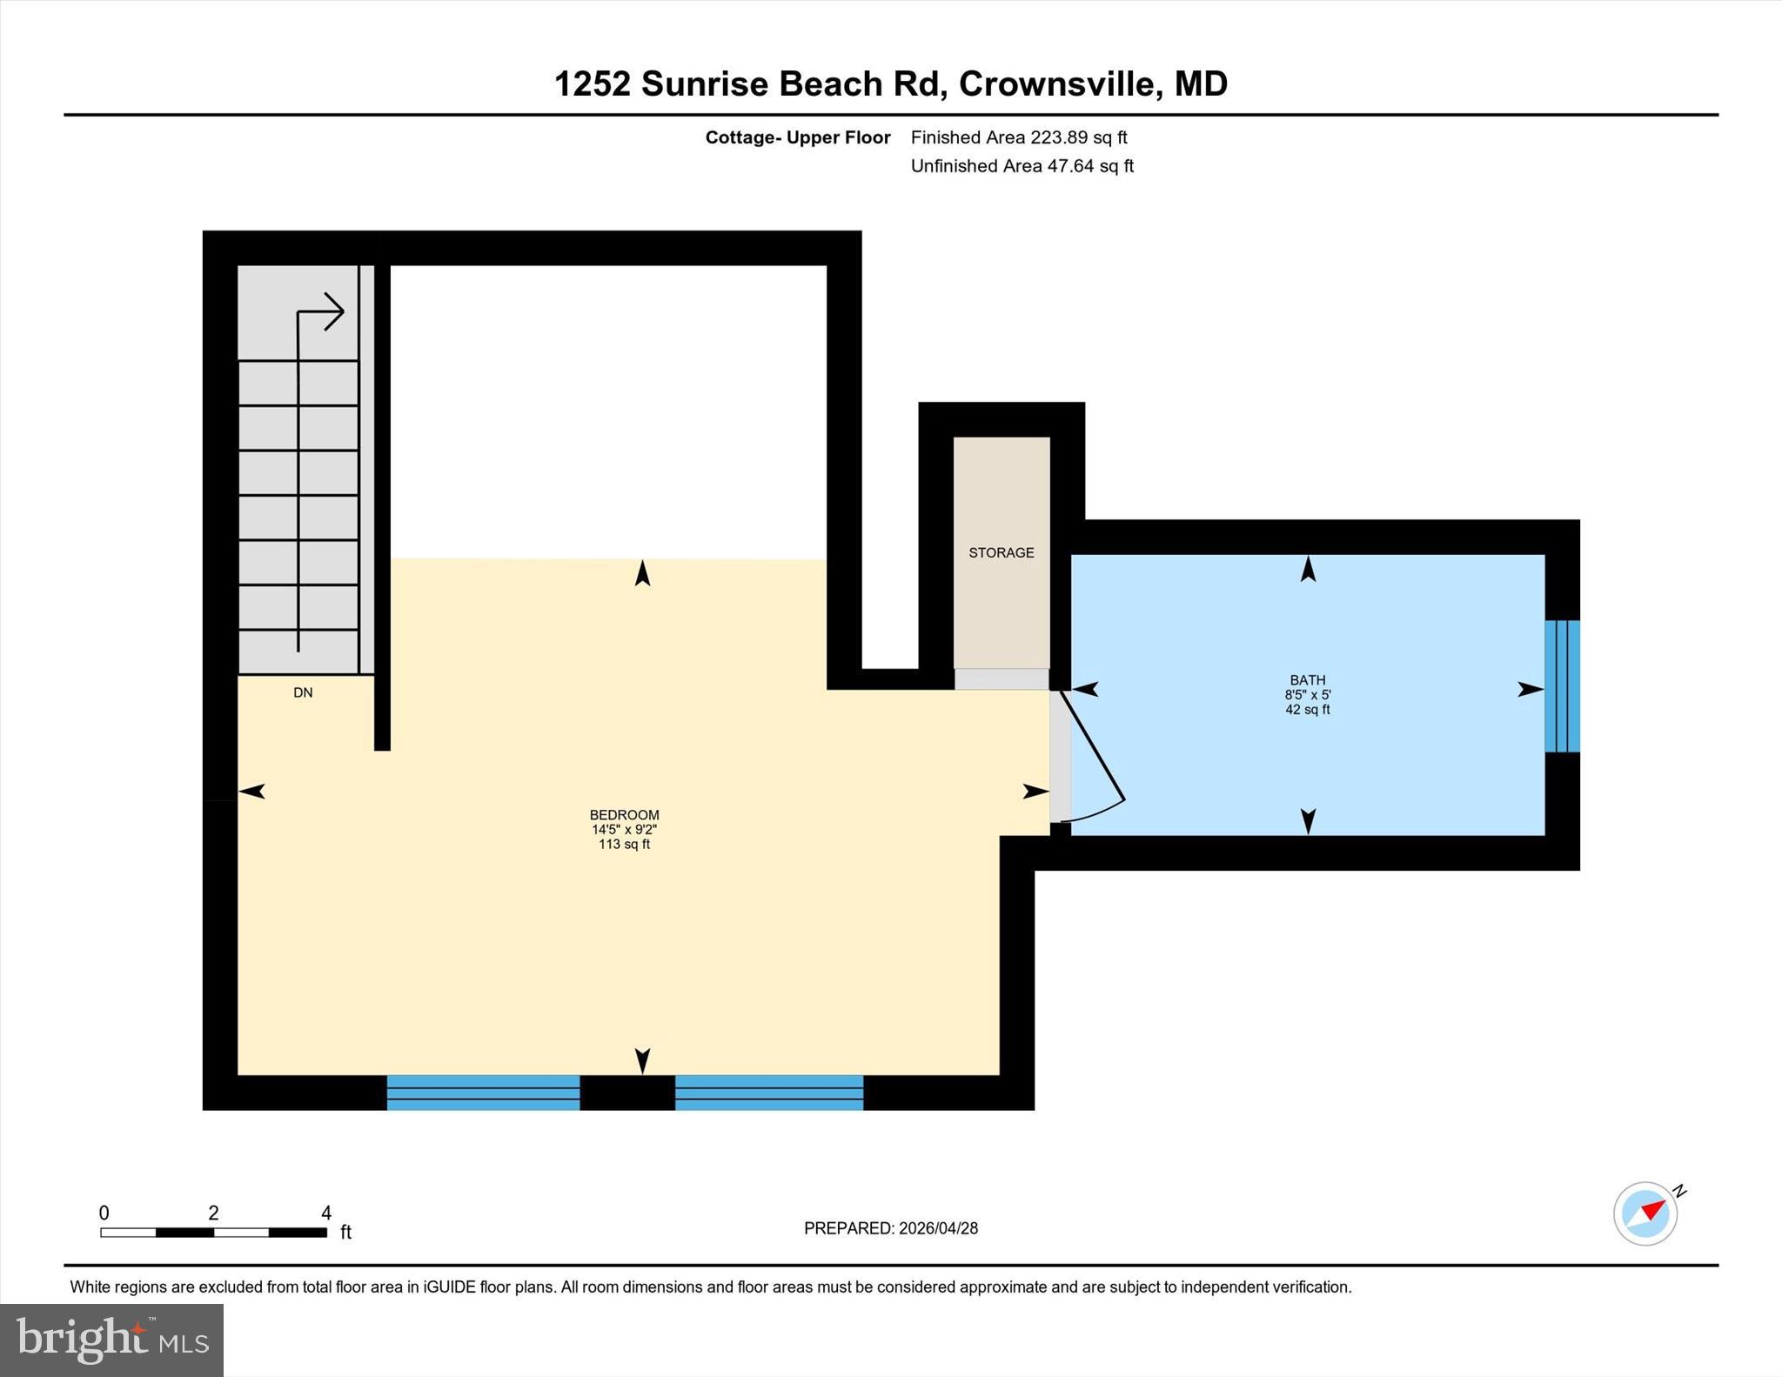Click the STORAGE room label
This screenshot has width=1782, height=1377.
(x=1001, y=552)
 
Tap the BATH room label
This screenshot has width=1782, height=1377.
(x=1307, y=680)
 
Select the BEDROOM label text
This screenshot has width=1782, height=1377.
(x=624, y=815)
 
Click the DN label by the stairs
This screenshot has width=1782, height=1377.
(x=303, y=692)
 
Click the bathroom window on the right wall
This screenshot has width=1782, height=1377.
(x=1562, y=685)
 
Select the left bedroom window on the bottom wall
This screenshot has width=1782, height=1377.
(x=483, y=1092)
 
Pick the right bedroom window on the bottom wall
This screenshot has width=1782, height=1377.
(x=769, y=1092)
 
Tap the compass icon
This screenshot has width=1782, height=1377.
(x=1645, y=1213)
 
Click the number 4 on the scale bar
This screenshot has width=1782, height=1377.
(x=326, y=1213)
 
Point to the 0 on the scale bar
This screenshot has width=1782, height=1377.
(x=104, y=1213)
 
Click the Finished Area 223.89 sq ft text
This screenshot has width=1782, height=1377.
(x=1018, y=137)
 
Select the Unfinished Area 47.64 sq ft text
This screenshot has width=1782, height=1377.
(x=1022, y=166)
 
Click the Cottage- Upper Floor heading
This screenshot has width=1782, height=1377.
(x=797, y=137)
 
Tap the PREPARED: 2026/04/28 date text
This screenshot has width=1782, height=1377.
(x=890, y=1228)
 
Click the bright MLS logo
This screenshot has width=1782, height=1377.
(x=111, y=1340)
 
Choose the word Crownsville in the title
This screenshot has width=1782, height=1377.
(x=1056, y=84)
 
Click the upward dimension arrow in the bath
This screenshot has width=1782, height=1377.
(x=1308, y=570)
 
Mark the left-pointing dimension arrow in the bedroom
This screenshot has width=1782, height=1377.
(x=252, y=791)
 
